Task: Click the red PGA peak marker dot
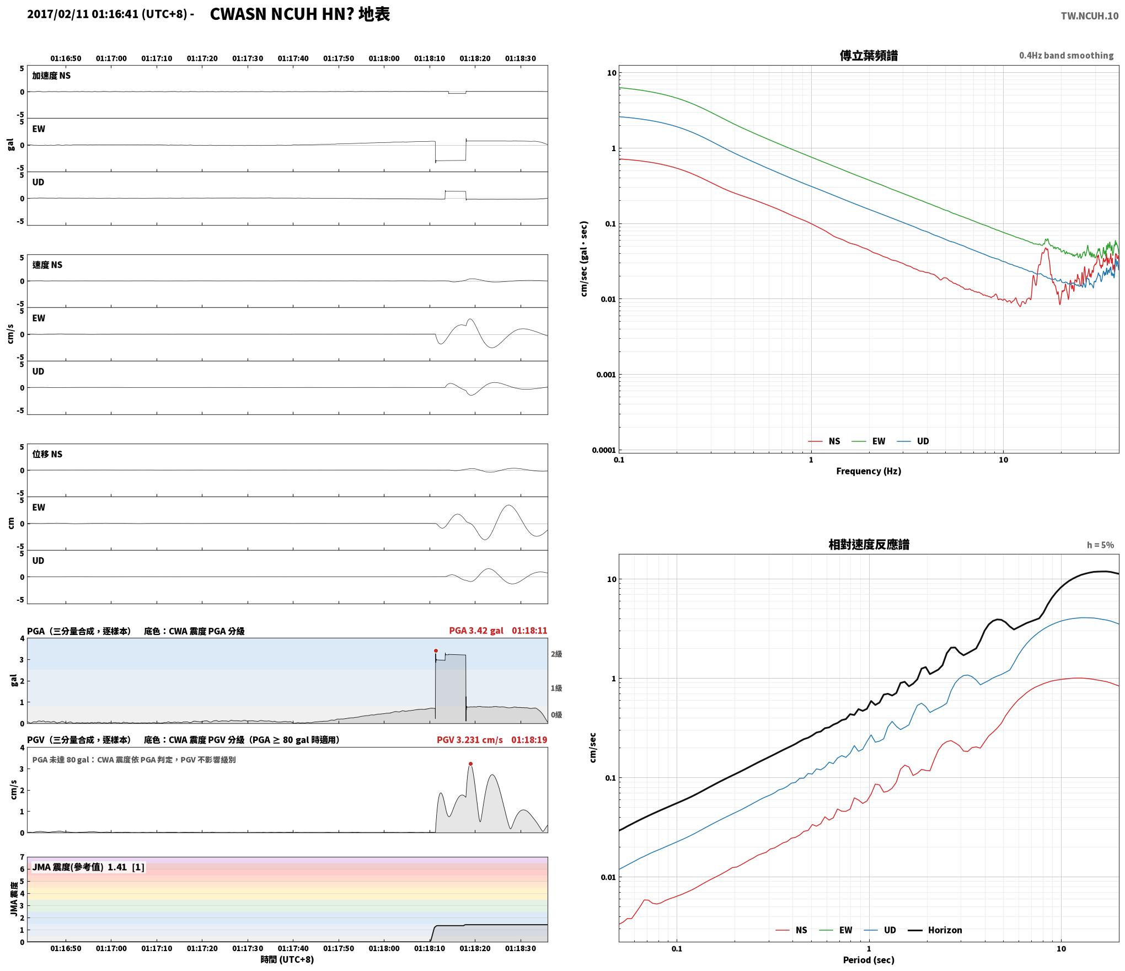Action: (436, 651)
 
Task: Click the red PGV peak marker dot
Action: (470, 764)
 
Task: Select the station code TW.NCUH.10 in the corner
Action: (1090, 16)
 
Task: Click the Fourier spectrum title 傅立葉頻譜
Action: (869, 56)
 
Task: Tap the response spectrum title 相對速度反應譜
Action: (869, 545)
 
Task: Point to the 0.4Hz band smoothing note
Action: (1066, 56)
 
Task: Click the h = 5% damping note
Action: (1100, 545)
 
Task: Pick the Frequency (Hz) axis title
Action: (869, 471)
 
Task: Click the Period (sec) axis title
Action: (869, 961)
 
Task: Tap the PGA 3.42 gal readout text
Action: (476, 631)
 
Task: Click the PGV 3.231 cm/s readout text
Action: (469, 740)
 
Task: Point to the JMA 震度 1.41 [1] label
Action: (88, 867)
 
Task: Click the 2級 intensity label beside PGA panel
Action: (556, 654)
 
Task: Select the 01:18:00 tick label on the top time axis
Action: (384, 58)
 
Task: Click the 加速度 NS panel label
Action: (51, 76)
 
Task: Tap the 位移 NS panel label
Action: (47, 454)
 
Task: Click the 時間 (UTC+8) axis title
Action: (287, 959)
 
